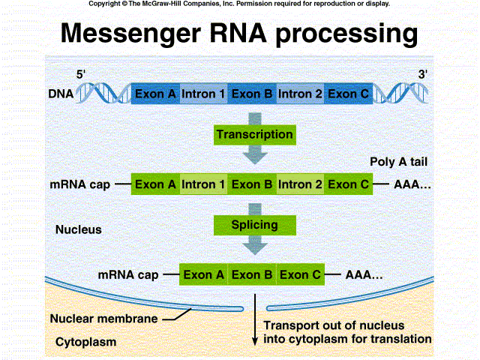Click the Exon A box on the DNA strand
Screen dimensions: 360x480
pyautogui.click(x=155, y=94)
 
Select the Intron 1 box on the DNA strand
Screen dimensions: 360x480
pyautogui.click(x=203, y=94)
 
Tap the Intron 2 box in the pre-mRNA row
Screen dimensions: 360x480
pyautogui.click(x=300, y=184)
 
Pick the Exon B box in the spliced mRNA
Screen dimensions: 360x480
pyautogui.click(x=252, y=274)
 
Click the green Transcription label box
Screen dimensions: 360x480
pyautogui.click(x=254, y=134)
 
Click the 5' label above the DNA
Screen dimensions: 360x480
pyautogui.click(x=82, y=73)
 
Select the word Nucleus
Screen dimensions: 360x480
pyautogui.click(x=79, y=229)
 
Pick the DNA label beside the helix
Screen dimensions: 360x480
pyautogui.click(x=61, y=94)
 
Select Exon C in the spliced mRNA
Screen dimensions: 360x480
pyautogui.click(x=300, y=274)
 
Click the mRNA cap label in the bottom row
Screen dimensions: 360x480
pyautogui.click(x=128, y=274)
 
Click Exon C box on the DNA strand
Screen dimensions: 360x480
pyautogui.click(x=349, y=94)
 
